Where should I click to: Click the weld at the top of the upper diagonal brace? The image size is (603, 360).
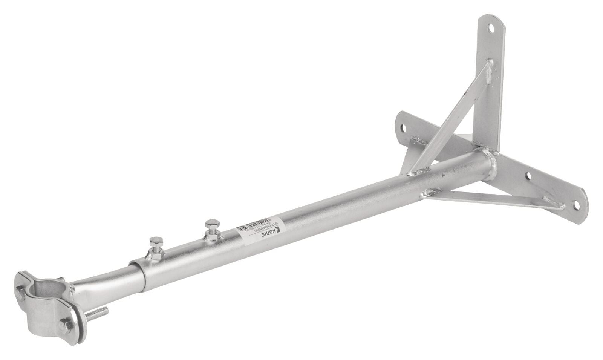pyautogui.click(x=488, y=72)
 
